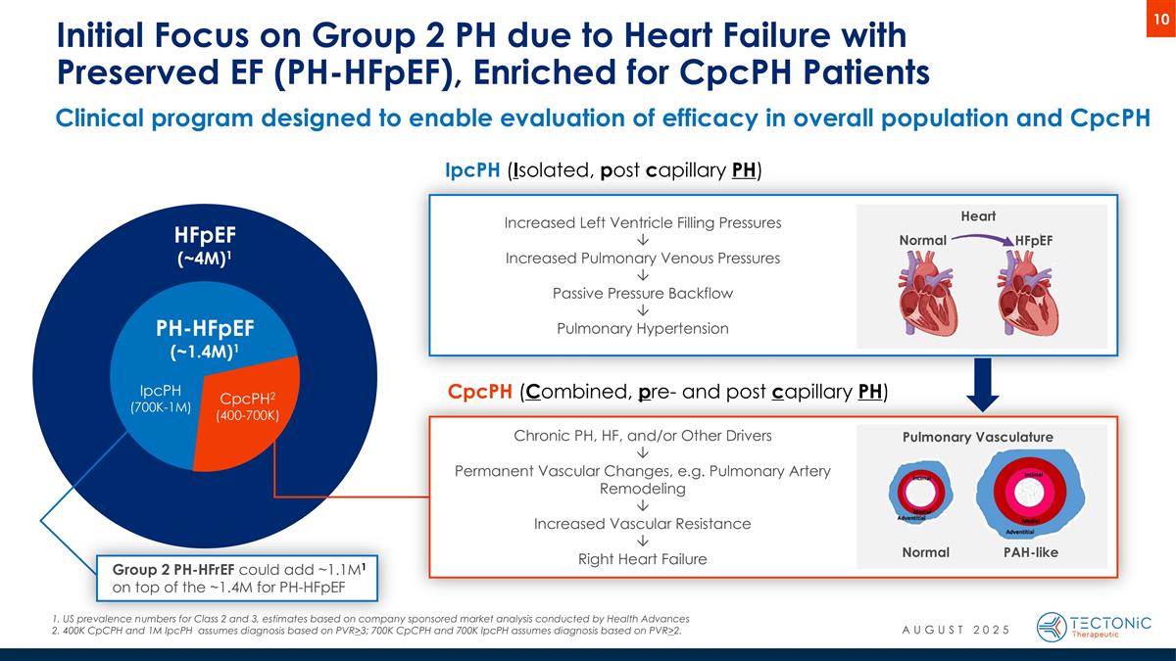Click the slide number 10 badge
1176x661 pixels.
[1160, 20]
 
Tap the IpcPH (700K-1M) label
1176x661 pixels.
[160, 399]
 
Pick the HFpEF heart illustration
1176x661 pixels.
[1029, 291]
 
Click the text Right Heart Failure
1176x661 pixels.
[643, 559]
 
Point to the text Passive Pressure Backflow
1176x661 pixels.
[643, 294]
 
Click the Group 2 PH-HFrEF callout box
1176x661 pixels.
[238, 578]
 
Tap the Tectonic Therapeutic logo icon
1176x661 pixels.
[1052, 627]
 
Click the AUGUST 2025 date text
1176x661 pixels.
[955, 628]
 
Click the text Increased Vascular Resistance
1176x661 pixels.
[643, 524]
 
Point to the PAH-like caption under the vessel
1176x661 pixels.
[1030, 552]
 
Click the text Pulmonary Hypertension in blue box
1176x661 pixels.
[643, 329]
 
